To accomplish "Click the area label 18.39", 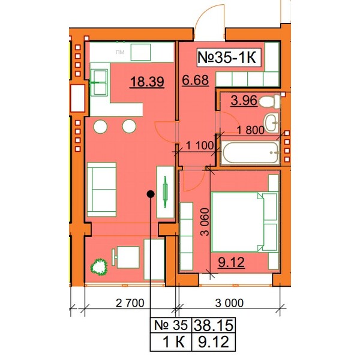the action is [x=147, y=82].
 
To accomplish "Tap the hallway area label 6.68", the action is [x=196, y=80].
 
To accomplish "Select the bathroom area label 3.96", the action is [x=244, y=101].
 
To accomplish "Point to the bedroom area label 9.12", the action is [x=231, y=262].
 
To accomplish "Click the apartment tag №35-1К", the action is [x=227, y=58].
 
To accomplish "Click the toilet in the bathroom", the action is [x=269, y=102].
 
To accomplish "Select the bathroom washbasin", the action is [x=271, y=122].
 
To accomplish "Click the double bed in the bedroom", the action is [x=244, y=222].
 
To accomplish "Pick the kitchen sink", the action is [x=99, y=82].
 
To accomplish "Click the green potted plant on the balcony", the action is [x=99, y=267].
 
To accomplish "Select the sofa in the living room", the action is [x=101, y=190].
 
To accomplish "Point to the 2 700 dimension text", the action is [x=130, y=303].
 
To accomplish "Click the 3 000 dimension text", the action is [x=229, y=303].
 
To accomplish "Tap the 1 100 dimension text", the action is [x=200, y=146].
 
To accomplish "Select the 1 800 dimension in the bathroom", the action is [x=251, y=130].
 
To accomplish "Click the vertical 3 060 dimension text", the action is [x=205, y=222].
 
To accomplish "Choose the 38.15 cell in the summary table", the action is [x=213, y=325].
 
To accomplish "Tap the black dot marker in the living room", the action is [x=151, y=194].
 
